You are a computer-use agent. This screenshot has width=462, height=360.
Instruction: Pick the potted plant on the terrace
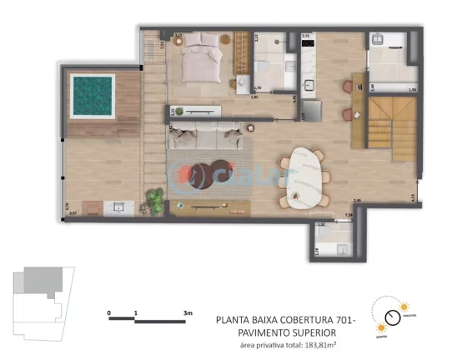[155, 201]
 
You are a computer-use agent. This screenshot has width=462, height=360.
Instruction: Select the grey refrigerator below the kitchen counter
[310, 109]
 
